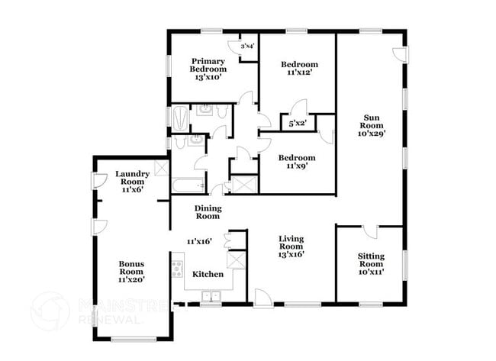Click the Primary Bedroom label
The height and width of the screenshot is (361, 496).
point(208,69)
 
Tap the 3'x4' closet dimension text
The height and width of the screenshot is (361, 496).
point(247,47)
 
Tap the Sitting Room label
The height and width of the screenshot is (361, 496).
point(371,264)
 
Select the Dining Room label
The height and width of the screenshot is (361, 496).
point(208,211)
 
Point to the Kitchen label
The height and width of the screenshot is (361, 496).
point(207,274)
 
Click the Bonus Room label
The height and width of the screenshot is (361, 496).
point(131,272)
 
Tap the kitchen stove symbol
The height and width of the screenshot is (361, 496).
point(177,269)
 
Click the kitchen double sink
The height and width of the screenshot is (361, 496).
point(210,297)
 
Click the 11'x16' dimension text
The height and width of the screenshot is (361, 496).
point(199,241)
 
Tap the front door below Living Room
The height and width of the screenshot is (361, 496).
point(263,298)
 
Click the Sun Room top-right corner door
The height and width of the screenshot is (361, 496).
point(399,53)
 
